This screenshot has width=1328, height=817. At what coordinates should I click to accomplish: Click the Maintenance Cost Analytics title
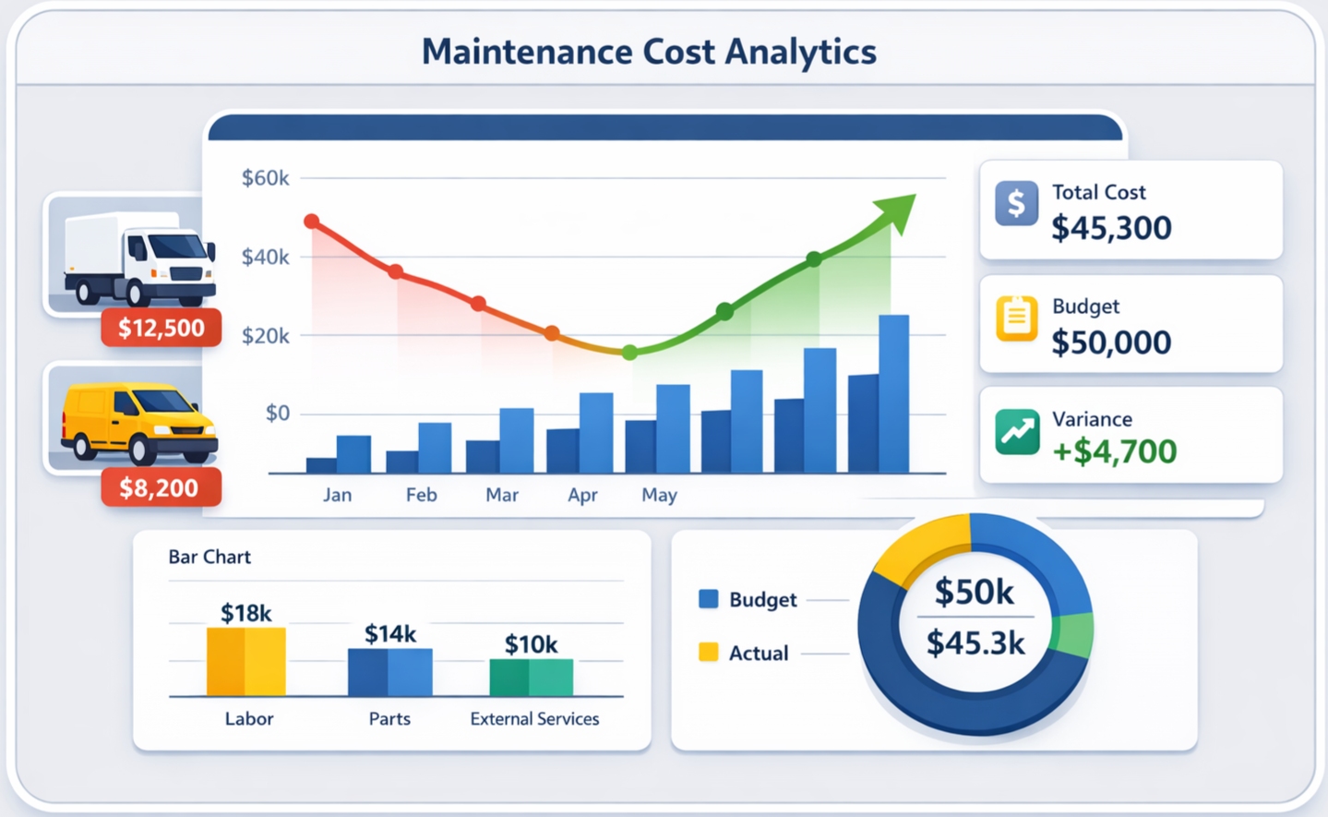649,52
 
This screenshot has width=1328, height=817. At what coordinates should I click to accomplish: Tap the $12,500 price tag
162,328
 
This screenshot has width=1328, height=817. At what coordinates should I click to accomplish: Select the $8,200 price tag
160,487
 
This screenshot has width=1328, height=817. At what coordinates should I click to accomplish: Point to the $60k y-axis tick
265,178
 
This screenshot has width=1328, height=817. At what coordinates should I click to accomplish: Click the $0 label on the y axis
277,413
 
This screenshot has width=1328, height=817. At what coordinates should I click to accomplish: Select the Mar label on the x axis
501,495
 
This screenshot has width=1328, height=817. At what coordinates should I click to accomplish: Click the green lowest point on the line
629,353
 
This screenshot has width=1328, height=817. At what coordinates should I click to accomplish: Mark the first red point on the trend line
312,222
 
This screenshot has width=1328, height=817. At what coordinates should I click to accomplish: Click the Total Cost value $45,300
1111,228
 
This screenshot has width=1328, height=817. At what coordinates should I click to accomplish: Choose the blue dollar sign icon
1016,203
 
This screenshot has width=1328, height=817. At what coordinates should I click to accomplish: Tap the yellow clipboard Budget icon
1016,318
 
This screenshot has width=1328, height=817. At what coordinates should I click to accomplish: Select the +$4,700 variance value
1114,451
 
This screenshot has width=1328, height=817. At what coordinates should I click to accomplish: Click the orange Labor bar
245,661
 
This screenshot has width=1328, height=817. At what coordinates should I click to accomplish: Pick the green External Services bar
531,678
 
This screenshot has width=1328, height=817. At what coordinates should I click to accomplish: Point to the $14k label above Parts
389,633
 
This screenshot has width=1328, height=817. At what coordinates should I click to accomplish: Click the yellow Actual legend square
708,653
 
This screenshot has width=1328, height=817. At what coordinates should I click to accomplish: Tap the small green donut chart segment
1074,635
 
